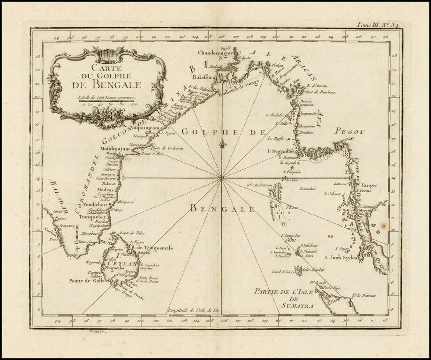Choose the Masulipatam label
pos(114,149)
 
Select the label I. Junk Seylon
pos(341,257)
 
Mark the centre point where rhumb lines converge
pos(221,178)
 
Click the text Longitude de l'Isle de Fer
pos(193,311)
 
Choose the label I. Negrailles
pos(280,151)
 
